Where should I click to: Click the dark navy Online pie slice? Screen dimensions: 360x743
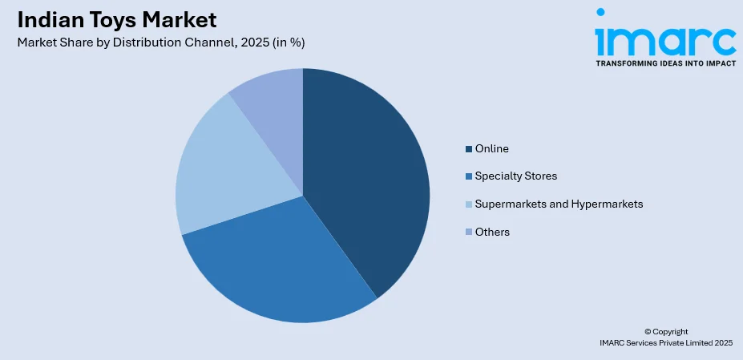pos(369,176)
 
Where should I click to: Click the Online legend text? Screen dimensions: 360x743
pos(491,148)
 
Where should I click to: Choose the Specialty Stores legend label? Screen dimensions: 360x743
pos(515,176)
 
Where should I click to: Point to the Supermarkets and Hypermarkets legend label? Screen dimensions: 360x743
pos(559,204)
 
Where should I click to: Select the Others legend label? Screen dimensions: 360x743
pos(492,232)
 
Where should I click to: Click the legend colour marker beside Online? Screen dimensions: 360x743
pos(469,149)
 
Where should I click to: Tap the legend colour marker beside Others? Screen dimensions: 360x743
pos(469,233)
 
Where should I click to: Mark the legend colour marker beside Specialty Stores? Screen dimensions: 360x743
pos(469,176)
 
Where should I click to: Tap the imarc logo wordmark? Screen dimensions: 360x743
pos(665,36)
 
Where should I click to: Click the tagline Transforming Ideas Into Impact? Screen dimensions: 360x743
pos(665,63)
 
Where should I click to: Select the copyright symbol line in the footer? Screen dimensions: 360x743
pos(665,331)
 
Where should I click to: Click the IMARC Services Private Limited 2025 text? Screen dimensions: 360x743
pos(665,342)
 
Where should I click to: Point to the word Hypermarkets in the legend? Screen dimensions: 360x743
pos(607,204)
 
